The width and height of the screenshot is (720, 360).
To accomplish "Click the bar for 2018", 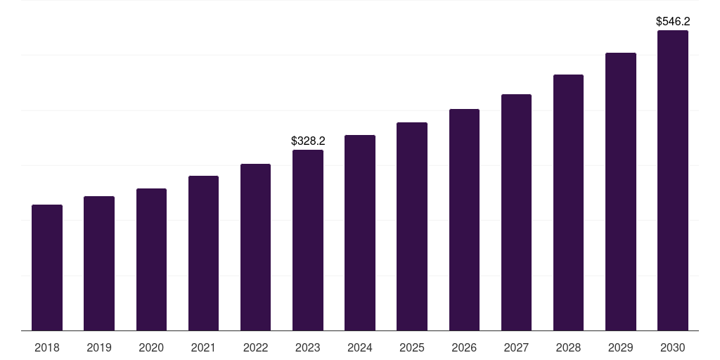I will point(47,267).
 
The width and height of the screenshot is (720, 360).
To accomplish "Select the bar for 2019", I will point(99,263).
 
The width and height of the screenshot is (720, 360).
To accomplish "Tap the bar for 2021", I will point(203,253).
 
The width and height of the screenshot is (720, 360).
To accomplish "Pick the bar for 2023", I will point(308,240).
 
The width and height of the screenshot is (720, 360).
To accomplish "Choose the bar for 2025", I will point(412,226).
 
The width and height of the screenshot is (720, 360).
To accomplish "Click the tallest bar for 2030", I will point(673,180).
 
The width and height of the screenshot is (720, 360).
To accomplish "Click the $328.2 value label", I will point(308,141).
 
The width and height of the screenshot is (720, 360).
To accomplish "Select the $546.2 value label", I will point(673,22).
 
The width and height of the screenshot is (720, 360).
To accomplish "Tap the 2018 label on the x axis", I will point(47,347).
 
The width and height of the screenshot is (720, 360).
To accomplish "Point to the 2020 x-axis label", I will point(151,347).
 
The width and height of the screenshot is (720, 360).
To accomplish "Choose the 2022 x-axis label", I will point(255,347).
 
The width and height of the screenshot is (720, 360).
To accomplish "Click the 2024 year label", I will point(360,347).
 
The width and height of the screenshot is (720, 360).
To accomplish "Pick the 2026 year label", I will point(464,347).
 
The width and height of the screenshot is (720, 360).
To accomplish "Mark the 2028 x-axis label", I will point(568,347).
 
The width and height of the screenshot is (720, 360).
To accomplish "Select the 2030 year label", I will point(673,347).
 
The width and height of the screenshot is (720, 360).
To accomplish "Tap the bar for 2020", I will point(151,259).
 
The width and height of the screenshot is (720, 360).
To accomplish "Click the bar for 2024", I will point(360,233).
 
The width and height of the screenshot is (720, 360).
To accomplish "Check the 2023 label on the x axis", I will point(308,347).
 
